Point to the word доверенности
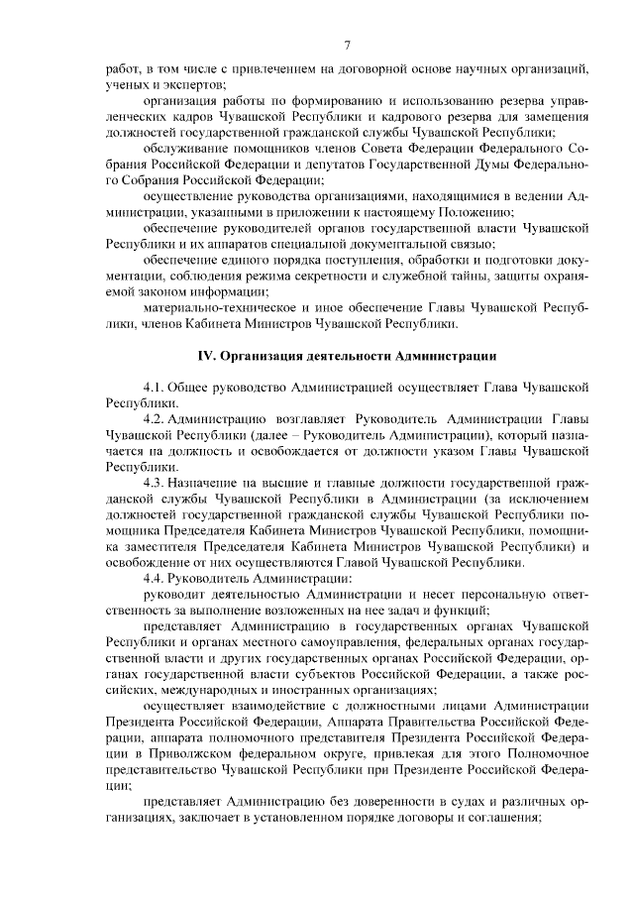click(x=369, y=800)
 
